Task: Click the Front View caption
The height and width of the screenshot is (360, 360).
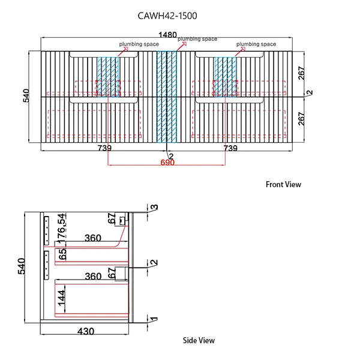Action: coord(283,185)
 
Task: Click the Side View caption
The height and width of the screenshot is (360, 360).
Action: coord(199,340)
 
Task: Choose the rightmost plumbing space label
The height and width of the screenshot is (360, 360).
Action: coord(256,44)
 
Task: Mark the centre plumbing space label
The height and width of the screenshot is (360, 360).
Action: coord(197,39)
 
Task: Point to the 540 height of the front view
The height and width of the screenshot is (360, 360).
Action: coord(26,97)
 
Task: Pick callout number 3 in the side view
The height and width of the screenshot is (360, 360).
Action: coord(155,208)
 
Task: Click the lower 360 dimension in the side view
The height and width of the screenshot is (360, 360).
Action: coord(92,277)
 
